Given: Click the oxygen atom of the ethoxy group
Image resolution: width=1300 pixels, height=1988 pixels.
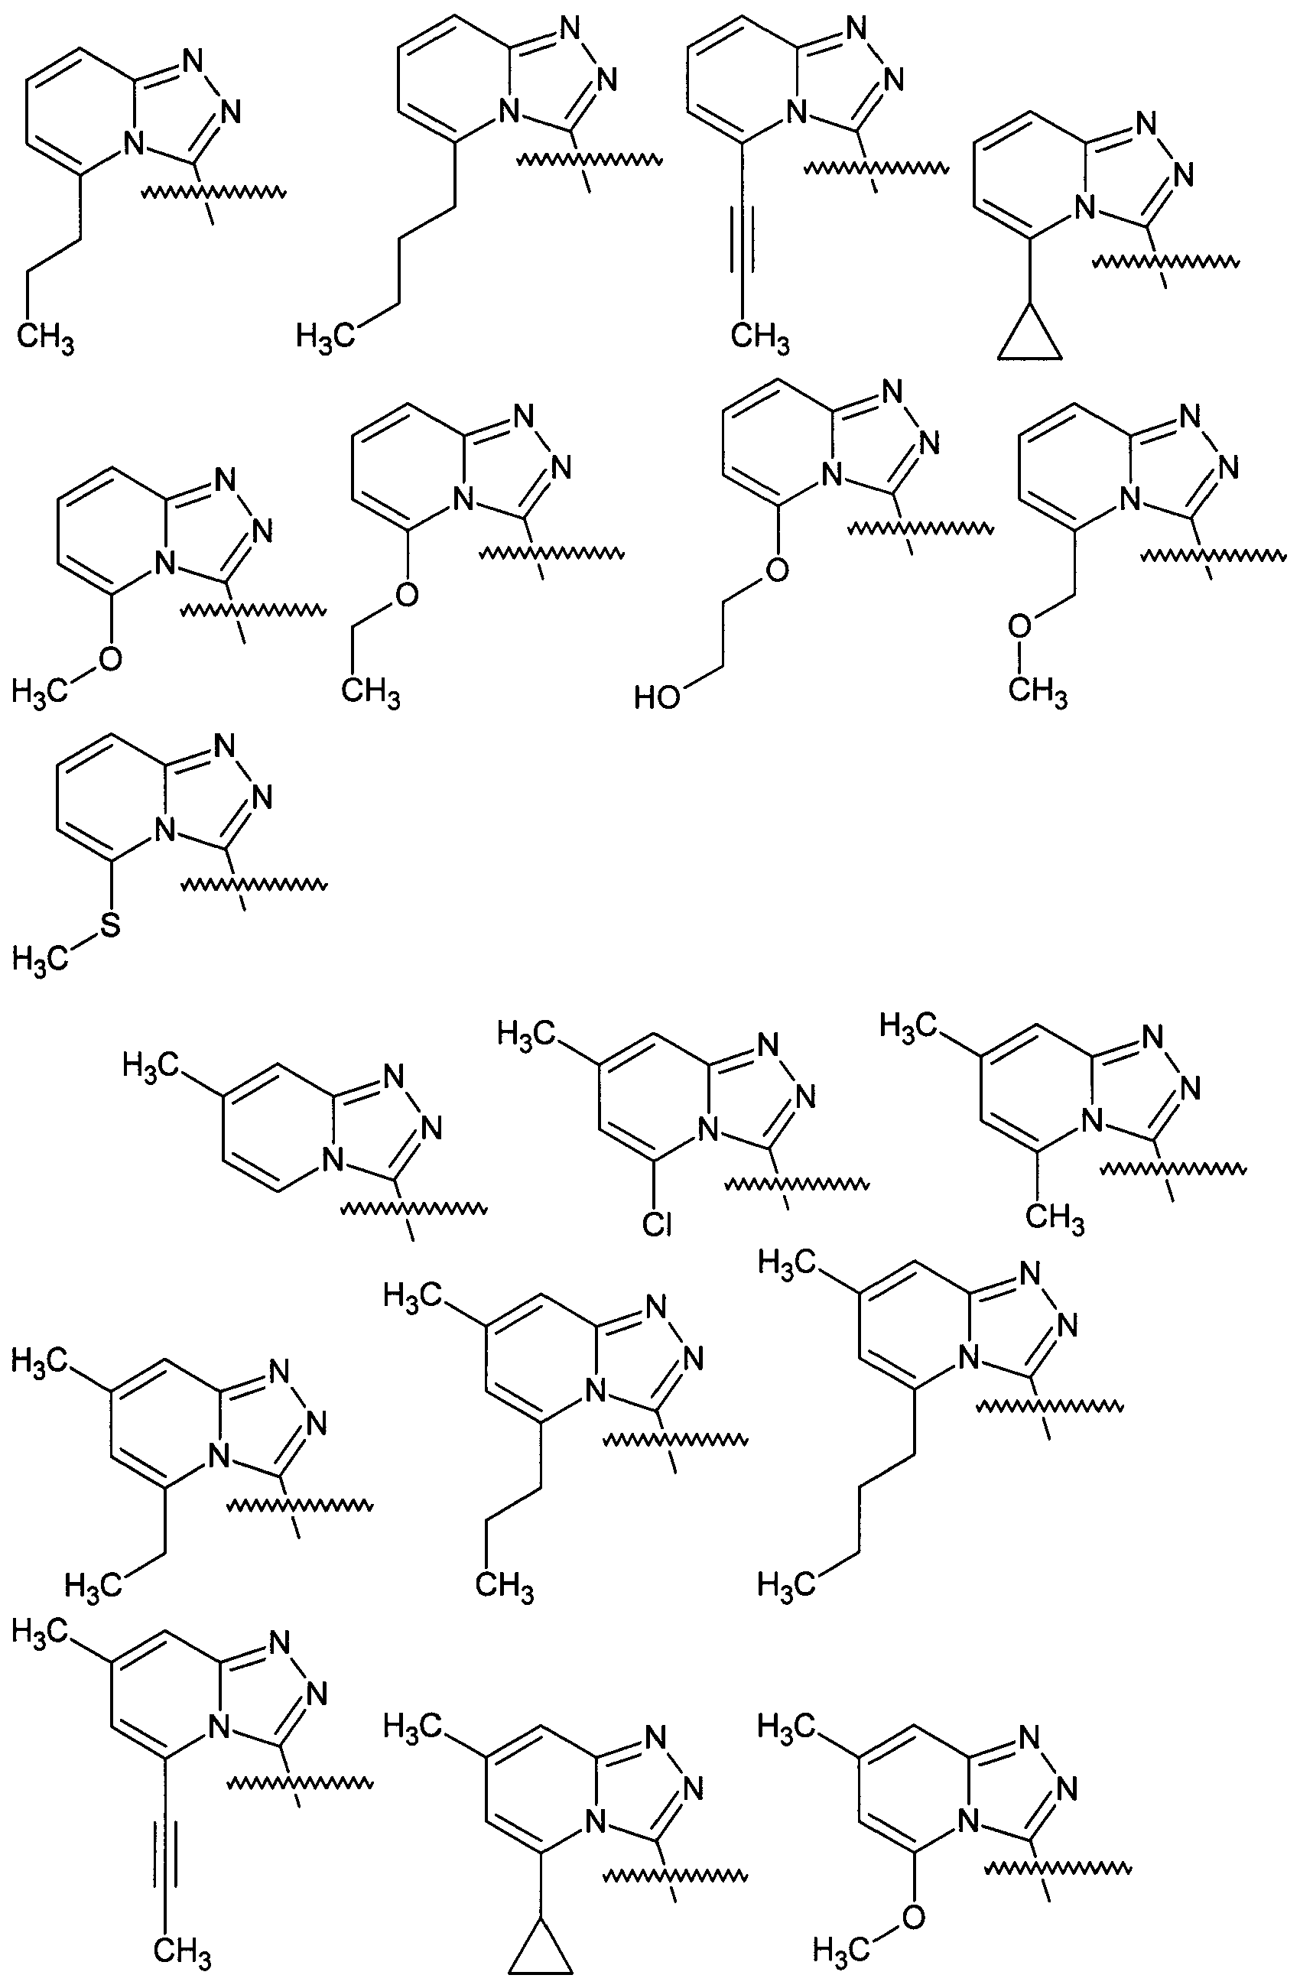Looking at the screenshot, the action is click(x=407, y=594).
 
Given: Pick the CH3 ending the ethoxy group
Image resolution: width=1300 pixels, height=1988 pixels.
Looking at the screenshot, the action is click(x=371, y=694).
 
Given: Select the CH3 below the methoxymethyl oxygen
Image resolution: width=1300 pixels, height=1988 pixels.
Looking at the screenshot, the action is click(x=1038, y=692).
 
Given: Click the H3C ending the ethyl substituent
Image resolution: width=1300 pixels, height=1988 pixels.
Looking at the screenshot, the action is click(x=92, y=1584).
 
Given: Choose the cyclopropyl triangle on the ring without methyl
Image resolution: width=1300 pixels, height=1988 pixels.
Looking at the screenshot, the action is click(x=1030, y=337).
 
